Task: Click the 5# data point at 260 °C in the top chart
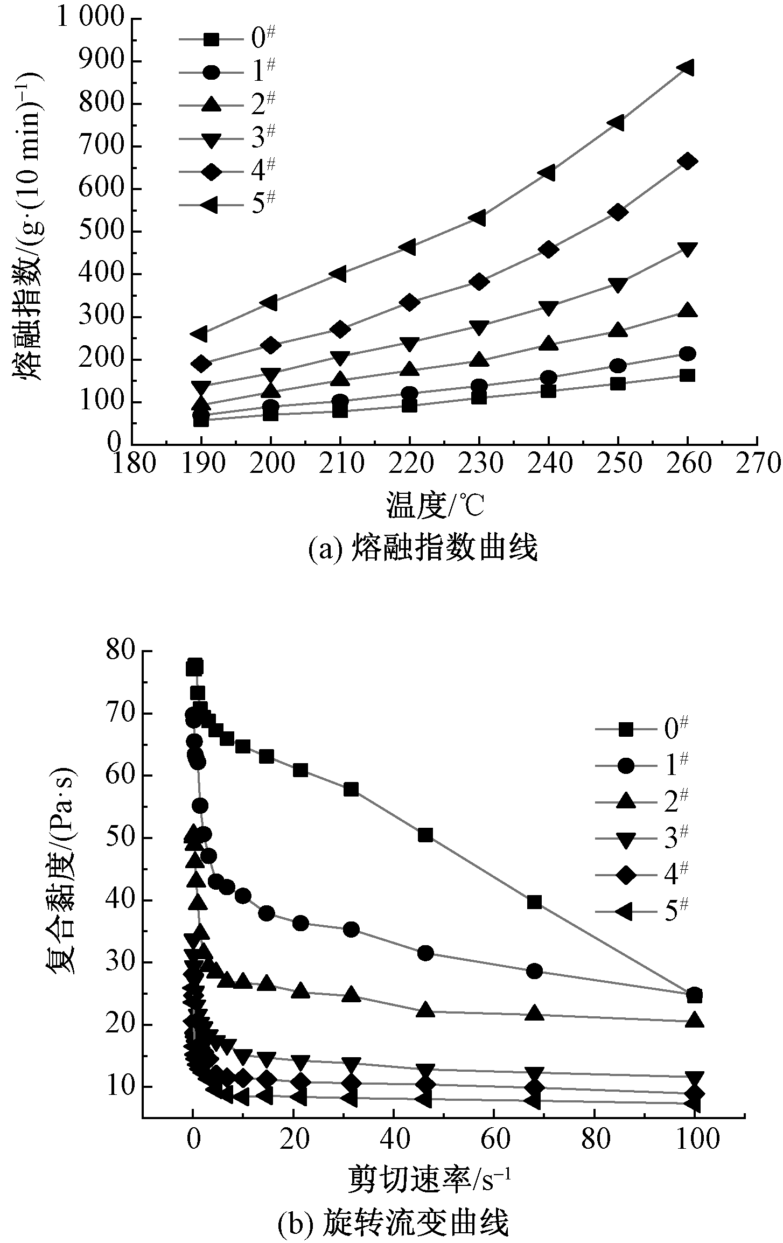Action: tap(687, 68)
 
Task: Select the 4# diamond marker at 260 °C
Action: tap(687, 162)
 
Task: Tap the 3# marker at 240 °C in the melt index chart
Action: tap(548, 308)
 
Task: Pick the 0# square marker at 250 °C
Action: tap(618, 384)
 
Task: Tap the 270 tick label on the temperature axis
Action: tap(757, 464)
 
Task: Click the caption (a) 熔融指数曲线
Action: tap(423, 549)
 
